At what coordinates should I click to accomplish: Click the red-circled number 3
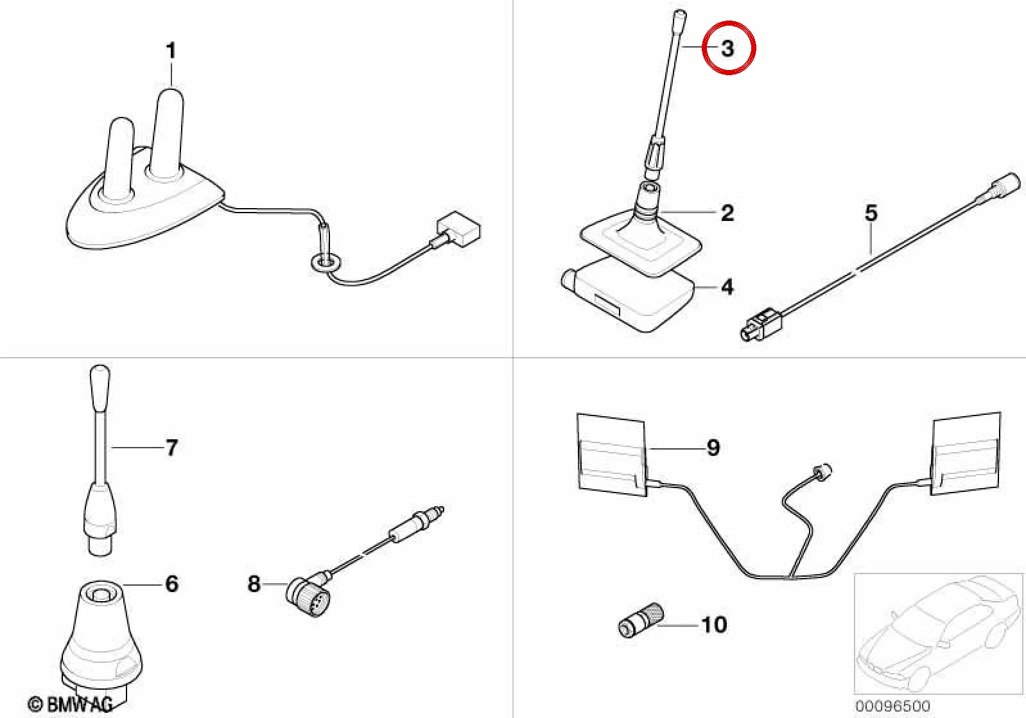coord(727,48)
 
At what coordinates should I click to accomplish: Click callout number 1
coord(171,51)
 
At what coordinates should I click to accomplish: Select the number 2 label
coord(727,213)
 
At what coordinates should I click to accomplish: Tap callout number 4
coord(727,287)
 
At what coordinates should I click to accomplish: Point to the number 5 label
coord(871,213)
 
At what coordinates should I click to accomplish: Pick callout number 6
coord(171,584)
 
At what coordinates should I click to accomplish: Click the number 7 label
coord(171,447)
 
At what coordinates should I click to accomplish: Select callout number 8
coord(254,584)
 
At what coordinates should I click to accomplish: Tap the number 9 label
coord(713,447)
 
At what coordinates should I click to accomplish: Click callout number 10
coord(714,625)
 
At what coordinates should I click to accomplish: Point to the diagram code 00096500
coord(892,706)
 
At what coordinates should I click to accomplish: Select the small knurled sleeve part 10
coord(641,620)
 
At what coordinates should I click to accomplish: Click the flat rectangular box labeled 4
coord(627,294)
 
